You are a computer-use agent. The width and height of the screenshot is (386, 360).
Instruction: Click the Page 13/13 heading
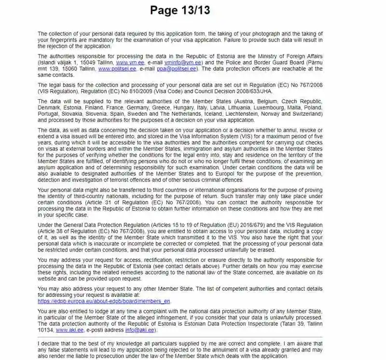coord(180,11)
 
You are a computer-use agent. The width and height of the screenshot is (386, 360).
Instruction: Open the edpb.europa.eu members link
coord(104,301)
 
